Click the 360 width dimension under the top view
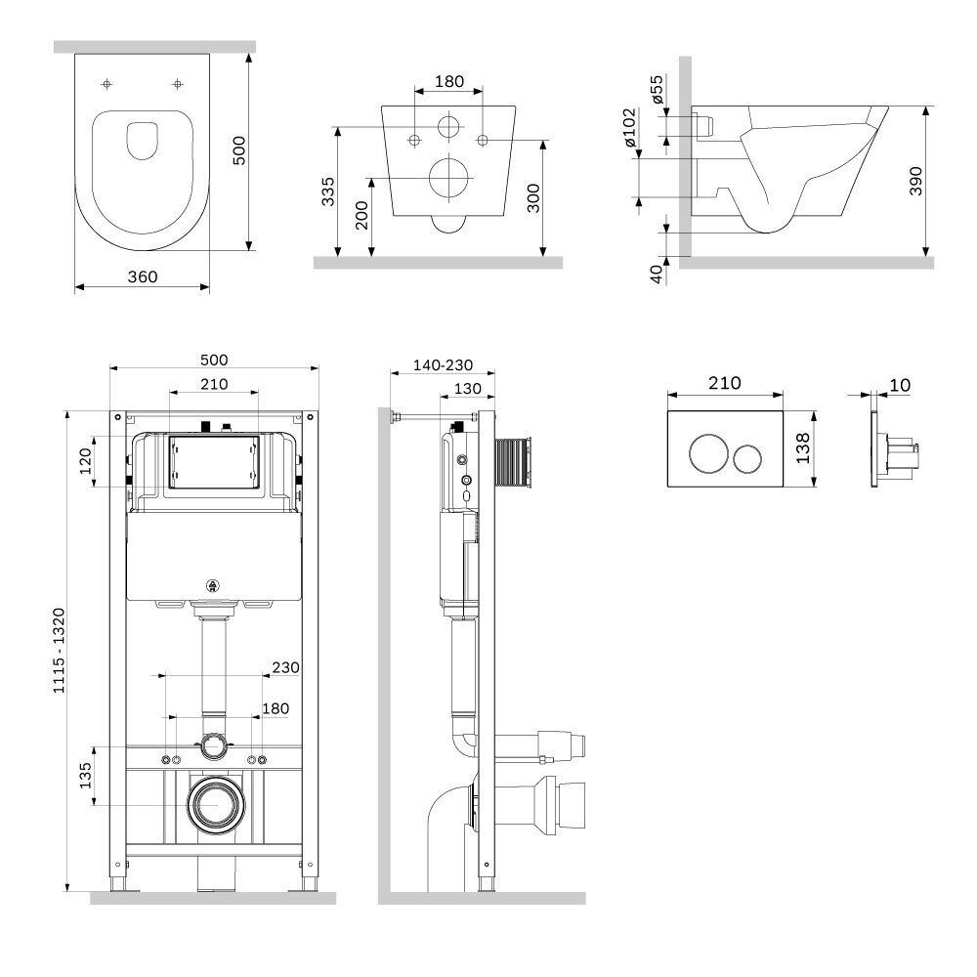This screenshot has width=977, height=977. [x=143, y=276]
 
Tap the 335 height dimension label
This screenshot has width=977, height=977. [x=327, y=191]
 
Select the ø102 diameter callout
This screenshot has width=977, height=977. [x=630, y=128]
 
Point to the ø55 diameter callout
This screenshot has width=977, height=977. [x=657, y=89]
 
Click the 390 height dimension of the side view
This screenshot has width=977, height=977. [x=915, y=182]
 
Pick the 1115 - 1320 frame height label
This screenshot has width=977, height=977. [x=59, y=651]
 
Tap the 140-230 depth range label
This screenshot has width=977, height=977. [x=443, y=365]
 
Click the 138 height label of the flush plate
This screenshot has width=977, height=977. [x=802, y=448]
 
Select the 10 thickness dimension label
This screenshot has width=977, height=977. [x=900, y=385]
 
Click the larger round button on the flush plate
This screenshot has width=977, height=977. [x=708, y=453]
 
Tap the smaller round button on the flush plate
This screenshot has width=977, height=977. [x=746, y=458]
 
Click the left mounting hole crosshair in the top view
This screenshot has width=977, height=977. [x=107, y=83]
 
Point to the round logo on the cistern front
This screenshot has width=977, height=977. [x=213, y=585]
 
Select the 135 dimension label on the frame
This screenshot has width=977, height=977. [x=85, y=776]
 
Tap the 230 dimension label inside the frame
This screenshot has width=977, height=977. [x=286, y=667]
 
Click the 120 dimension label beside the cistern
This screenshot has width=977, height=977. [x=85, y=462]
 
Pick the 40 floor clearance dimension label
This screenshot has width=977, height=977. [x=657, y=275]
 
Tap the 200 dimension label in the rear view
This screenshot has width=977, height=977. [x=361, y=216]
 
